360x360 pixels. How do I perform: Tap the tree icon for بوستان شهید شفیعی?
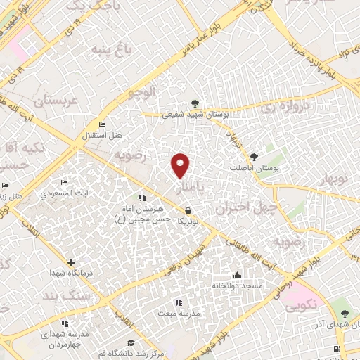(x=195, y=103)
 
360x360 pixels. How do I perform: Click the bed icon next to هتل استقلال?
(x=103, y=124)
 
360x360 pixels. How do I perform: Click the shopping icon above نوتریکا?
(x=188, y=210)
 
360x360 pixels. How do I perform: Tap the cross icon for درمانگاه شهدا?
(x=71, y=262)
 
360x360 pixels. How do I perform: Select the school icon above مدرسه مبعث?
(x=177, y=302)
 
